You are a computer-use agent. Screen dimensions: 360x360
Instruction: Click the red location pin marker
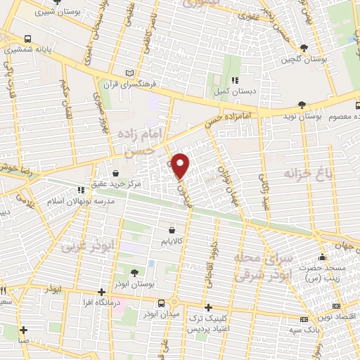pyautogui.click(x=181, y=165)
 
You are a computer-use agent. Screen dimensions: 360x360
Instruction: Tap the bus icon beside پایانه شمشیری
pyautogui.click(x=27, y=39)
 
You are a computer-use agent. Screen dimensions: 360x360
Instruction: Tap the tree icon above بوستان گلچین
pyautogui.click(x=304, y=48)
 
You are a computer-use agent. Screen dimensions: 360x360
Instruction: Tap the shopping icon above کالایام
pyautogui.click(x=173, y=229)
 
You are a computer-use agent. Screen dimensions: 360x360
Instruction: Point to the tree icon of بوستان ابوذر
pyautogui.click(x=134, y=272)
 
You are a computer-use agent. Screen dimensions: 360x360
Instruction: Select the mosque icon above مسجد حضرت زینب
pyautogui.click(x=323, y=257)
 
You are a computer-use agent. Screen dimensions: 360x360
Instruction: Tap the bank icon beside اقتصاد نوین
pyautogui.click(x=336, y=306)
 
